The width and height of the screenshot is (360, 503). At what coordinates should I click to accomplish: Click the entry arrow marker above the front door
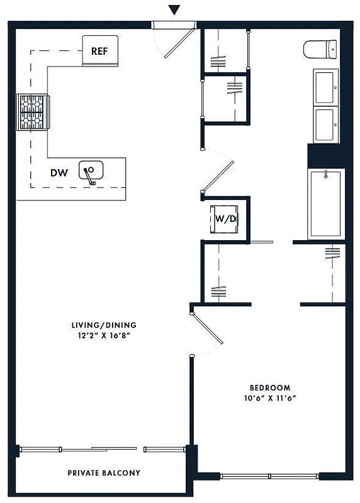click(174, 10)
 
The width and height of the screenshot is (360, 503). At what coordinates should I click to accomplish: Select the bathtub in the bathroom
click(325, 204)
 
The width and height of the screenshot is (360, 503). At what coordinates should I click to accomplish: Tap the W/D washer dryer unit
click(225, 219)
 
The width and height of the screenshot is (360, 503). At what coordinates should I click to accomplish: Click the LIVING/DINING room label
click(104, 325)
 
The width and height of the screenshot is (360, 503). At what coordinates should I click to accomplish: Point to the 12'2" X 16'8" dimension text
click(104, 336)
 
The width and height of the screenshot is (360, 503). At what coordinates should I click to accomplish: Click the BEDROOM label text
click(269, 387)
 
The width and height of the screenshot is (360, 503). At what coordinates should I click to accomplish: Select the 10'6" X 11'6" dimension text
click(269, 398)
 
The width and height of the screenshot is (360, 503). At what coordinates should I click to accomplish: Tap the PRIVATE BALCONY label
click(104, 473)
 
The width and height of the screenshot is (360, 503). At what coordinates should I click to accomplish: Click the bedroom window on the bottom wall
click(269, 476)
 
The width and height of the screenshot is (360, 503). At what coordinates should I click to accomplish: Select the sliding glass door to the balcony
click(101, 449)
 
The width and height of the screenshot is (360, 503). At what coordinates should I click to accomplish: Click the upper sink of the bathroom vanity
click(325, 87)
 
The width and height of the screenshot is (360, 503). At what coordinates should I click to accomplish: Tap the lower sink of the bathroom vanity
click(325, 124)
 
